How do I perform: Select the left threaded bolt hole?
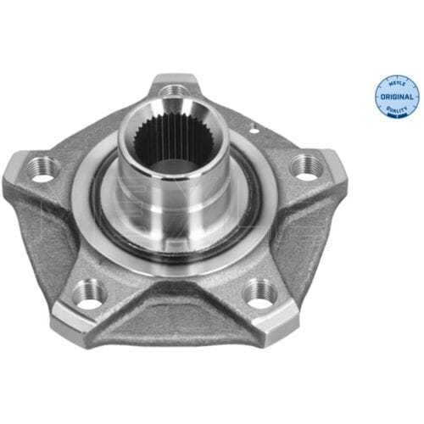[43, 169]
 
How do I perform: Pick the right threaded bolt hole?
[306, 168]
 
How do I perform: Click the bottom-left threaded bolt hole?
[90, 294]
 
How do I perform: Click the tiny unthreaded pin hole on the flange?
[254, 131]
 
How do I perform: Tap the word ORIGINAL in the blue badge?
[397, 97]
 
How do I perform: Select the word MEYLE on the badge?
[397, 84]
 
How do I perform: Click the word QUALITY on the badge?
[396, 109]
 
